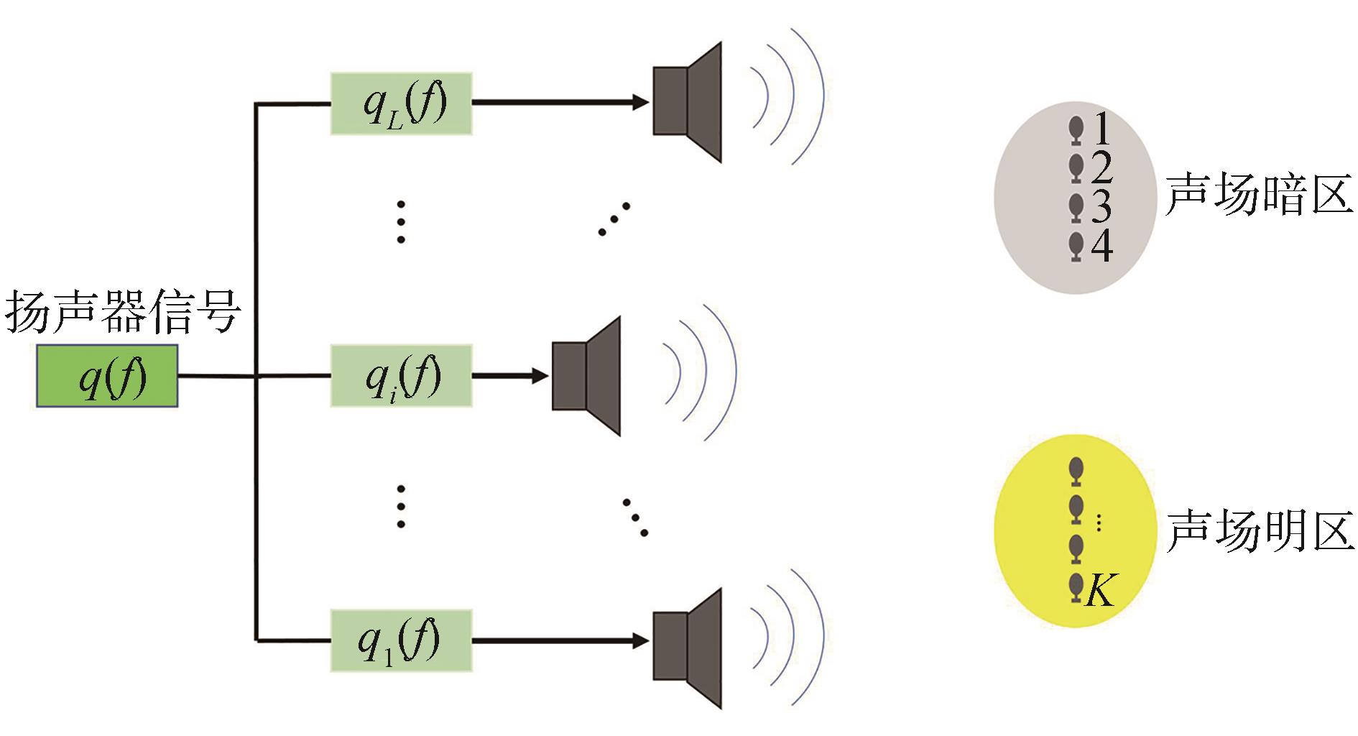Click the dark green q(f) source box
(107, 376)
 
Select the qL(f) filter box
(402, 103)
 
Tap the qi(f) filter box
(402, 376)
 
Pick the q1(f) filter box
(402, 640)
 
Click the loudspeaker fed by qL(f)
(686, 101)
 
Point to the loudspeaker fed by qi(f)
(586, 376)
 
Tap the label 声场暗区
(1258, 194)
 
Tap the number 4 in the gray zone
(1101, 247)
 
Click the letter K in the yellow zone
(1100, 591)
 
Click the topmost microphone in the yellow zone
(1076, 471)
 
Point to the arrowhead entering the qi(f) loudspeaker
(540, 375)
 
